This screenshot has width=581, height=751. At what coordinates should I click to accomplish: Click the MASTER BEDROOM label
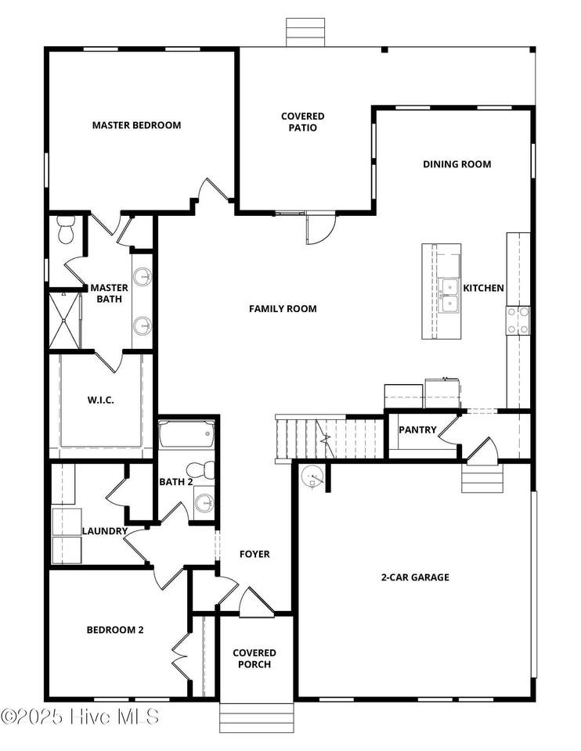click(x=136, y=125)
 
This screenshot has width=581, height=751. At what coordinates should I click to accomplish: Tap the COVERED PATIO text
click(x=302, y=122)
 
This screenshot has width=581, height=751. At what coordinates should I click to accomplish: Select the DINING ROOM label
click(x=456, y=164)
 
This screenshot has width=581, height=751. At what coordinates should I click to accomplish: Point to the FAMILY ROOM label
click(x=283, y=309)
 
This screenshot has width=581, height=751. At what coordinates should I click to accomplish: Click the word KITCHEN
click(x=483, y=288)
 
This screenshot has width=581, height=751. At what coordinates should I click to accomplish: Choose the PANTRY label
click(x=417, y=430)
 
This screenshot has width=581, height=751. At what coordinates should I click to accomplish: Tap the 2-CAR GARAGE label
click(x=415, y=577)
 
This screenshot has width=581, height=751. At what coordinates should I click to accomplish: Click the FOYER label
click(x=254, y=554)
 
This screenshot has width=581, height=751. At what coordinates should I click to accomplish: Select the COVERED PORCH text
click(x=254, y=659)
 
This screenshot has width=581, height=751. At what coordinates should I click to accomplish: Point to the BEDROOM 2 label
click(x=115, y=630)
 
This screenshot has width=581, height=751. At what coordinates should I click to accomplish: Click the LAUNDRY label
click(x=104, y=531)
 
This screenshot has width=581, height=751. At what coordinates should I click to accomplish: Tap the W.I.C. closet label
click(x=101, y=400)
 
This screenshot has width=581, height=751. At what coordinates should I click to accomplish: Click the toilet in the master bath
click(x=65, y=229)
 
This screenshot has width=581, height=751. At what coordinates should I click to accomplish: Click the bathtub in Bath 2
click(x=186, y=434)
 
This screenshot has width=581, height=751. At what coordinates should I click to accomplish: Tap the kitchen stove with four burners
click(x=518, y=321)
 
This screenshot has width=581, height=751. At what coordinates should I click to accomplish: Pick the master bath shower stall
click(x=65, y=321)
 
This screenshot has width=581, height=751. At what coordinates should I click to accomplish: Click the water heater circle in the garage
click(x=312, y=476)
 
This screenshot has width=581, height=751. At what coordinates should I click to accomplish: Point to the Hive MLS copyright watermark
click(x=80, y=717)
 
